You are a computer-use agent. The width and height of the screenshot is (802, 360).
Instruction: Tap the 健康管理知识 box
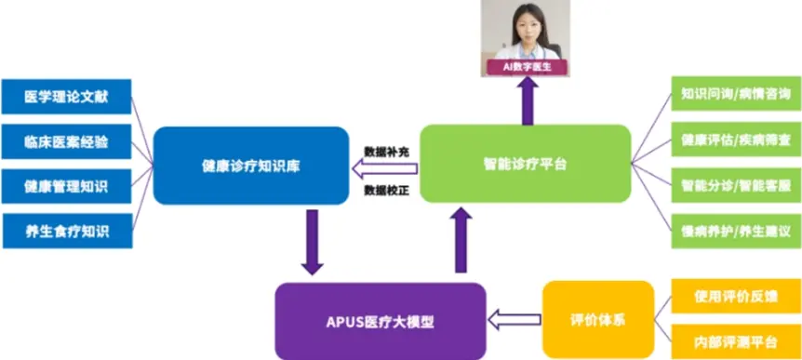(x=66, y=186)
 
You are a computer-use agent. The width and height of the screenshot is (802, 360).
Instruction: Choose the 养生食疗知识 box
(x=66, y=231)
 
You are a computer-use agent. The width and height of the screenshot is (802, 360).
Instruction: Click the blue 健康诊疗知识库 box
(x=251, y=166)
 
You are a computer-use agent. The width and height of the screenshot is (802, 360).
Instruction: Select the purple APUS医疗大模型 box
(x=381, y=321)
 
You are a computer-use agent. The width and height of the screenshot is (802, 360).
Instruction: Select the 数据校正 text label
(x=385, y=190)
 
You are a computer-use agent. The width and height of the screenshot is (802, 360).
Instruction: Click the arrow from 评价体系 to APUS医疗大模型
(x=515, y=320)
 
